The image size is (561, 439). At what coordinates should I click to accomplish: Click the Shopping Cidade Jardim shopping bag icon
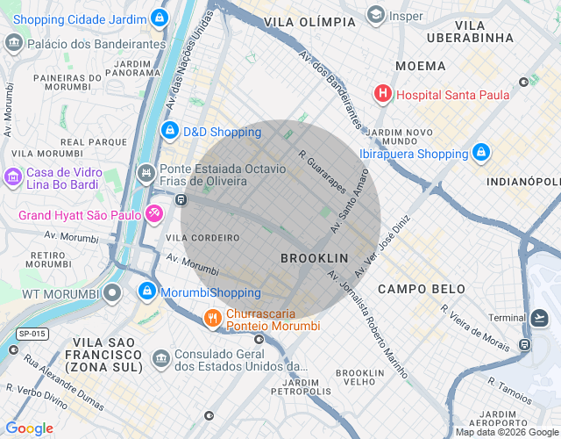click(159, 17)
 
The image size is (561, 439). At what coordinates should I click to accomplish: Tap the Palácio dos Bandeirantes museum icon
click(14, 43)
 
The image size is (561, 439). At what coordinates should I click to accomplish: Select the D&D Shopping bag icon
click(169, 131)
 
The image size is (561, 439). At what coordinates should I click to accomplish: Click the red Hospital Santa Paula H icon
click(382, 93)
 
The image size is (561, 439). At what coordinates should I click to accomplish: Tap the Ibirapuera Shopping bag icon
click(480, 153)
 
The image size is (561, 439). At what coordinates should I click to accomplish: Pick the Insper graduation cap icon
click(376, 15)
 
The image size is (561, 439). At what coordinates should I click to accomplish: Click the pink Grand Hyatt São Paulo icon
click(153, 213)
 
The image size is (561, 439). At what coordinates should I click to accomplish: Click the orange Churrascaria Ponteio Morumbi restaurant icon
click(211, 318)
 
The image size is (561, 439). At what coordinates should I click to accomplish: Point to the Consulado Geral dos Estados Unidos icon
click(161, 358)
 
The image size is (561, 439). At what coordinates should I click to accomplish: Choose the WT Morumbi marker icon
click(111, 292)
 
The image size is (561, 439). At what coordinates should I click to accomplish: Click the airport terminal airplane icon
click(540, 317)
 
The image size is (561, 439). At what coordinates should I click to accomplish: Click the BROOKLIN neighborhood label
click(314, 258)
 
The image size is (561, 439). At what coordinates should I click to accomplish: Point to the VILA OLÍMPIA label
click(302, 21)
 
